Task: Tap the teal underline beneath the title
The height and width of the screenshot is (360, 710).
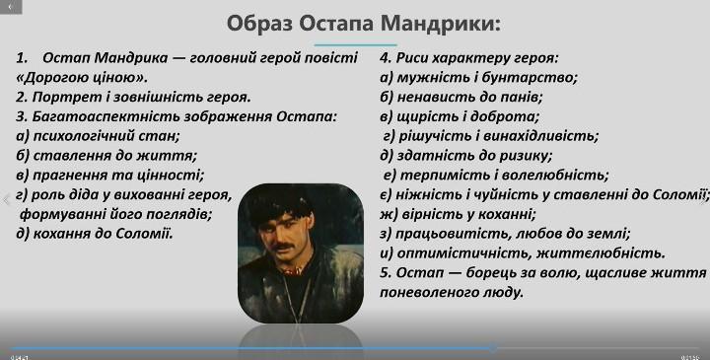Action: (355, 44)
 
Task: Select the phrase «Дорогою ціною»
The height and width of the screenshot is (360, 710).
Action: (82, 78)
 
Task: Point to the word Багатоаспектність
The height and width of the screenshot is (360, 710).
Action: (106, 116)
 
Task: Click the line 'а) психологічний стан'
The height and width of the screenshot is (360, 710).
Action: (98, 136)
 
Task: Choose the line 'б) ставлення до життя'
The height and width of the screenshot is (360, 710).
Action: (106, 155)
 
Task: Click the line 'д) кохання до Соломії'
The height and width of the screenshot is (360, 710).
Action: (95, 234)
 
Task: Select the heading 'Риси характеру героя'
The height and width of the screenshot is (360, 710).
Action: (477, 58)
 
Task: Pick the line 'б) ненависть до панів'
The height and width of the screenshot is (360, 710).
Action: (461, 97)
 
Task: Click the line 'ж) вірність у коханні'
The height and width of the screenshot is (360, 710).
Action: (458, 214)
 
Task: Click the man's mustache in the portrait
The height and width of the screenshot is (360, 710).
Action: (283, 247)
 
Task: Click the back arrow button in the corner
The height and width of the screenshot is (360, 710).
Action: (10, 7)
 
